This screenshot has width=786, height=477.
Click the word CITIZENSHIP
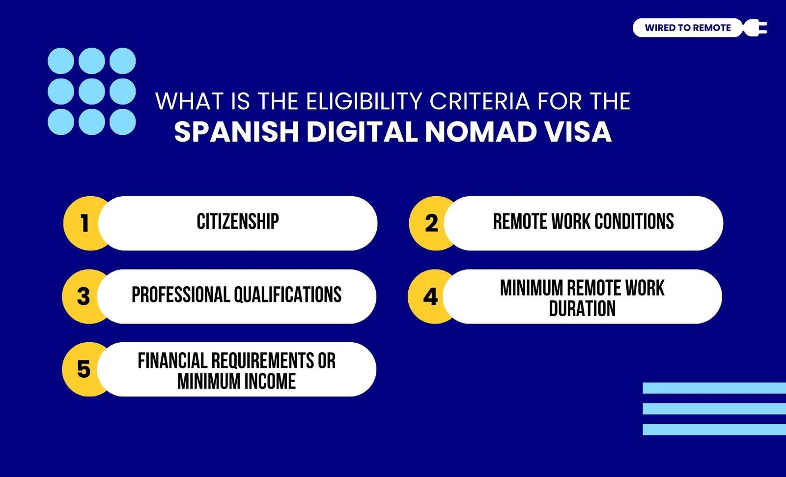point(238,222)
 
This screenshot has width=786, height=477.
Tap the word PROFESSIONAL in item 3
point(180,295)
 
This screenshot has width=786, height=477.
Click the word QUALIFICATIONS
point(288,295)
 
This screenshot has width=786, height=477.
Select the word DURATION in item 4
point(582,309)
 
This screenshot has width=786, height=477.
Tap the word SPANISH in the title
point(236,132)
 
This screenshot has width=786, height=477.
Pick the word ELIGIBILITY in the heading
point(364,101)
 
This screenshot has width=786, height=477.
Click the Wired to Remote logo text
point(688,28)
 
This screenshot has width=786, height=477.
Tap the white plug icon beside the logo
point(755,28)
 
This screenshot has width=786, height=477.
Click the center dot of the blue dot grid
point(91,91)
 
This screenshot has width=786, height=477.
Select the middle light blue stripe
point(714,409)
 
